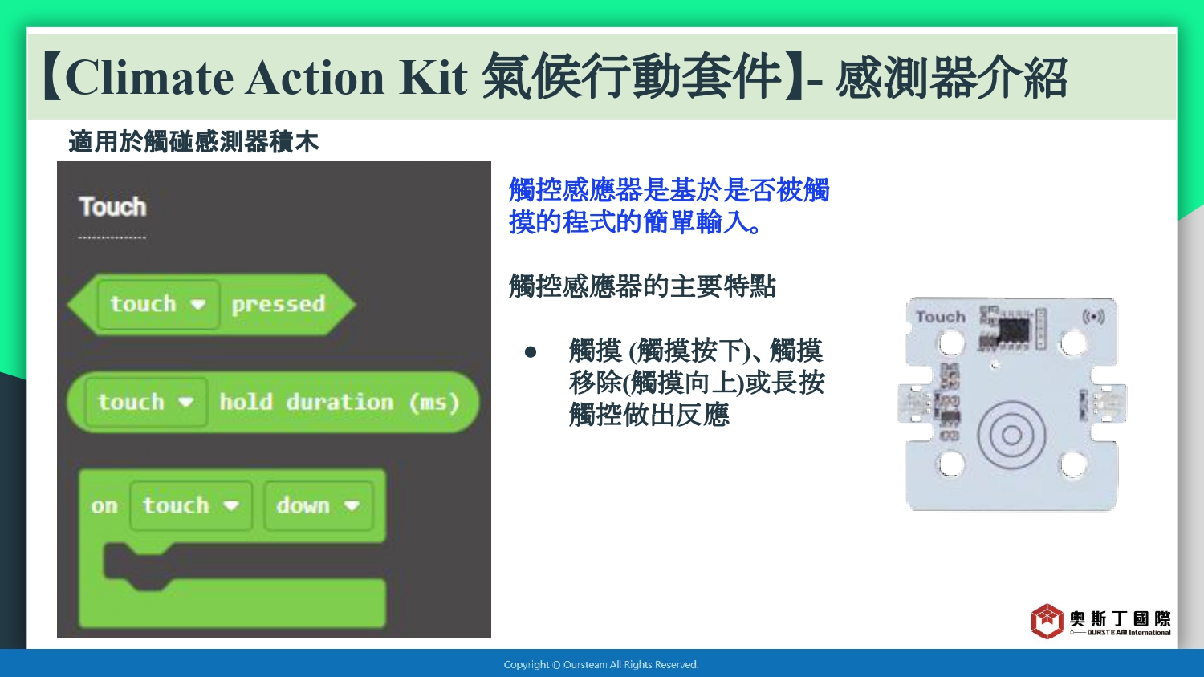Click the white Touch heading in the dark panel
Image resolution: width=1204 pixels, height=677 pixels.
click(x=112, y=207)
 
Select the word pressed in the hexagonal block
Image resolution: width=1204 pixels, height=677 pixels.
click(x=279, y=305)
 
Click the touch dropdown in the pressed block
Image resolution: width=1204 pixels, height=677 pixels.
click(x=159, y=304)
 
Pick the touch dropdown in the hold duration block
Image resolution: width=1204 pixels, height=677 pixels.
click(x=145, y=402)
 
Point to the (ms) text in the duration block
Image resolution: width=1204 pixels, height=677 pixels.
click(x=434, y=403)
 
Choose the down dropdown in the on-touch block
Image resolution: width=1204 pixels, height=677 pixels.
click(x=318, y=505)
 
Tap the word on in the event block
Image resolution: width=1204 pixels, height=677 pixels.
click(x=104, y=506)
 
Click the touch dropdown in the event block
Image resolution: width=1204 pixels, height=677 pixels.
click(x=191, y=505)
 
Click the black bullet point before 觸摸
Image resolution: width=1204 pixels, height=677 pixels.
click(x=531, y=352)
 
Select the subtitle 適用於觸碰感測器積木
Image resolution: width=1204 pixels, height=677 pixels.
click(x=193, y=142)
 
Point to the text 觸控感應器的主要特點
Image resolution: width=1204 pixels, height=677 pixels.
click(x=642, y=286)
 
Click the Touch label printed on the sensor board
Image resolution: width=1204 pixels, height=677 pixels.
click(x=941, y=317)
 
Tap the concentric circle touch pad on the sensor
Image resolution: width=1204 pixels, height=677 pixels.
click(x=1011, y=435)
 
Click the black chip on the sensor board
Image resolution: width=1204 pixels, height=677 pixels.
click(x=1013, y=330)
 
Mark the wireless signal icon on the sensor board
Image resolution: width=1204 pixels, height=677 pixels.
click(x=1093, y=317)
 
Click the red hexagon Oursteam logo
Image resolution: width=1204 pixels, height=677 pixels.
click(x=1047, y=621)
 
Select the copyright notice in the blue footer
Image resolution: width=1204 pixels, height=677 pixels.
click(x=601, y=665)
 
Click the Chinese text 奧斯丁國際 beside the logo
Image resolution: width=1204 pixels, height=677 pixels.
click(x=1121, y=618)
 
